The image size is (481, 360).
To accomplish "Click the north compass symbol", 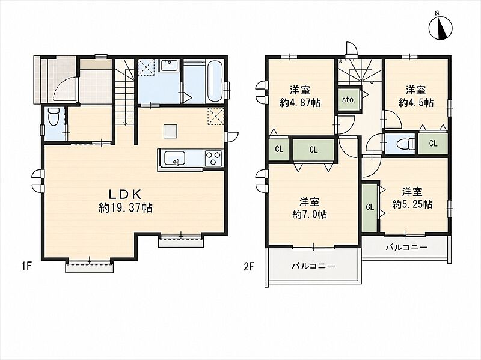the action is (440, 28).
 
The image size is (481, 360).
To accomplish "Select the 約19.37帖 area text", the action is (126, 208).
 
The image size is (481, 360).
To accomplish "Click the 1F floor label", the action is (26, 266).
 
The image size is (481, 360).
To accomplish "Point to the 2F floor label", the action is (249, 266).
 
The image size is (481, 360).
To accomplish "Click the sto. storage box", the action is (349, 99).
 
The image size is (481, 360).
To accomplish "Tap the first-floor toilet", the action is (54, 117).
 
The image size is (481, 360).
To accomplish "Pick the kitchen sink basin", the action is (174, 158).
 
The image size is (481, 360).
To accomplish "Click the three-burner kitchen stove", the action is (213, 158).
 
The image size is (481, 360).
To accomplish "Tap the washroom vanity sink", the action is (168, 66).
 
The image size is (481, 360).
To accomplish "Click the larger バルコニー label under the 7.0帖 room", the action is (313, 266).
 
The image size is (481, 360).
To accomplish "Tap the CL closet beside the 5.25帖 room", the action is (370, 207).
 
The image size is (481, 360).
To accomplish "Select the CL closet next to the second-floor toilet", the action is (433, 143).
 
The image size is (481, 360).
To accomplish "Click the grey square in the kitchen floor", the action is (171, 131).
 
